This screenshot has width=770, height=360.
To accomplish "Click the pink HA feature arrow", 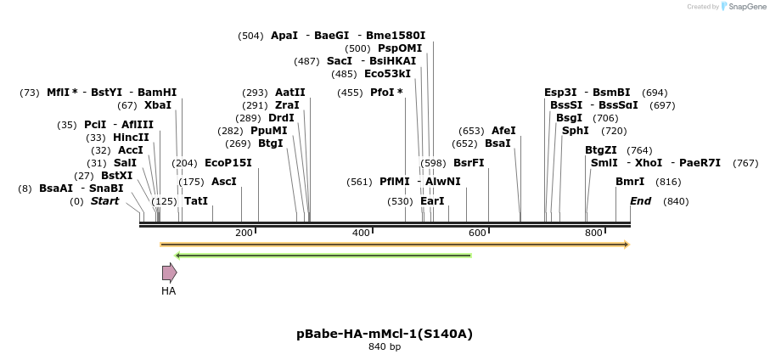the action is [170, 273].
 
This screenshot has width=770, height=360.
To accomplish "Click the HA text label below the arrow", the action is [168, 290].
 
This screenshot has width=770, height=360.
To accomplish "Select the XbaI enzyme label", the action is [158, 105].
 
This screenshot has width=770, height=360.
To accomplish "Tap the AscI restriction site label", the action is [224, 182].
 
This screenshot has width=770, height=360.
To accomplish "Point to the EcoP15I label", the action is [228, 162].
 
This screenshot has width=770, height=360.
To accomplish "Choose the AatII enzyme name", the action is [290, 93].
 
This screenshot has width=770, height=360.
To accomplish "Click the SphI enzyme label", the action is [575, 131].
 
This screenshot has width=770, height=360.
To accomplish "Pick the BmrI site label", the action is [630, 182].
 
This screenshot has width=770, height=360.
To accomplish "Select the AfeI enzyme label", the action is [503, 131].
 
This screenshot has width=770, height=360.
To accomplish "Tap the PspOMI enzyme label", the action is [400, 48].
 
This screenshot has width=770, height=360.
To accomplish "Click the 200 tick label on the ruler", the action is [244, 233].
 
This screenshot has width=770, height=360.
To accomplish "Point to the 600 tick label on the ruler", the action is [477, 233].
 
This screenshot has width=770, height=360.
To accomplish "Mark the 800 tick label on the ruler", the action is [593, 233].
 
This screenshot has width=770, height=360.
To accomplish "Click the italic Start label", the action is [104, 201].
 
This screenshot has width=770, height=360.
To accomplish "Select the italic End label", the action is [641, 201].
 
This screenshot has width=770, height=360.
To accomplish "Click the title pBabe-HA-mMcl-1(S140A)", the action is [385, 334].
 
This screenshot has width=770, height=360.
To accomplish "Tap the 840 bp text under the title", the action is [385, 346].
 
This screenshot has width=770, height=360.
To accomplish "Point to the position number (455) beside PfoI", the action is [350, 93].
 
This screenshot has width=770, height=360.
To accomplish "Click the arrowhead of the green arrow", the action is [178, 256].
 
